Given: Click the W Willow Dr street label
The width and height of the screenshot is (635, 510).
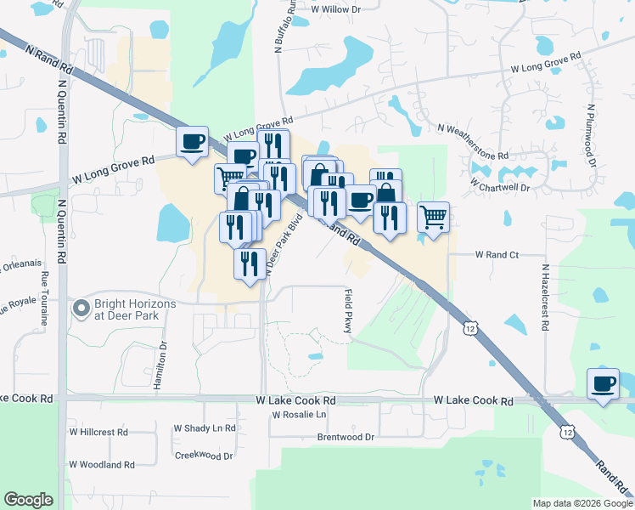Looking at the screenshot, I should [335, 8].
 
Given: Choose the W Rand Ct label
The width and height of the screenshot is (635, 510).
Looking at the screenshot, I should [497, 254].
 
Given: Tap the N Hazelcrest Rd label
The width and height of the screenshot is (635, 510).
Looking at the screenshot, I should [546, 297].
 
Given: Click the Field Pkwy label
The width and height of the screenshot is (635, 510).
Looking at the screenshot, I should [348, 310].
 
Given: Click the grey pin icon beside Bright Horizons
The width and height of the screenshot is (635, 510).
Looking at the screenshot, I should [81, 308].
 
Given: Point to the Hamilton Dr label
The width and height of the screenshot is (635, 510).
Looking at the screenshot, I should [160, 365].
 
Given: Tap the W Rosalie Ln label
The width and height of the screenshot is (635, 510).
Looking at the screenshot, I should [299, 415].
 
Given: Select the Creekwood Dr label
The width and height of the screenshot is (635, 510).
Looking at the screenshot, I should [204, 456].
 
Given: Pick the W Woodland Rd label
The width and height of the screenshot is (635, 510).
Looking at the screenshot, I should [102, 465].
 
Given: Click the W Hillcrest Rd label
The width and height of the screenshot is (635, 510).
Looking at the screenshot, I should [98, 432].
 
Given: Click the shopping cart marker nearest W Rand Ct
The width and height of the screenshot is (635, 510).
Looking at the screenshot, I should [433, 218].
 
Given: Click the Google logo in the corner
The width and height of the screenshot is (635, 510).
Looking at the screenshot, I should [29, 500].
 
